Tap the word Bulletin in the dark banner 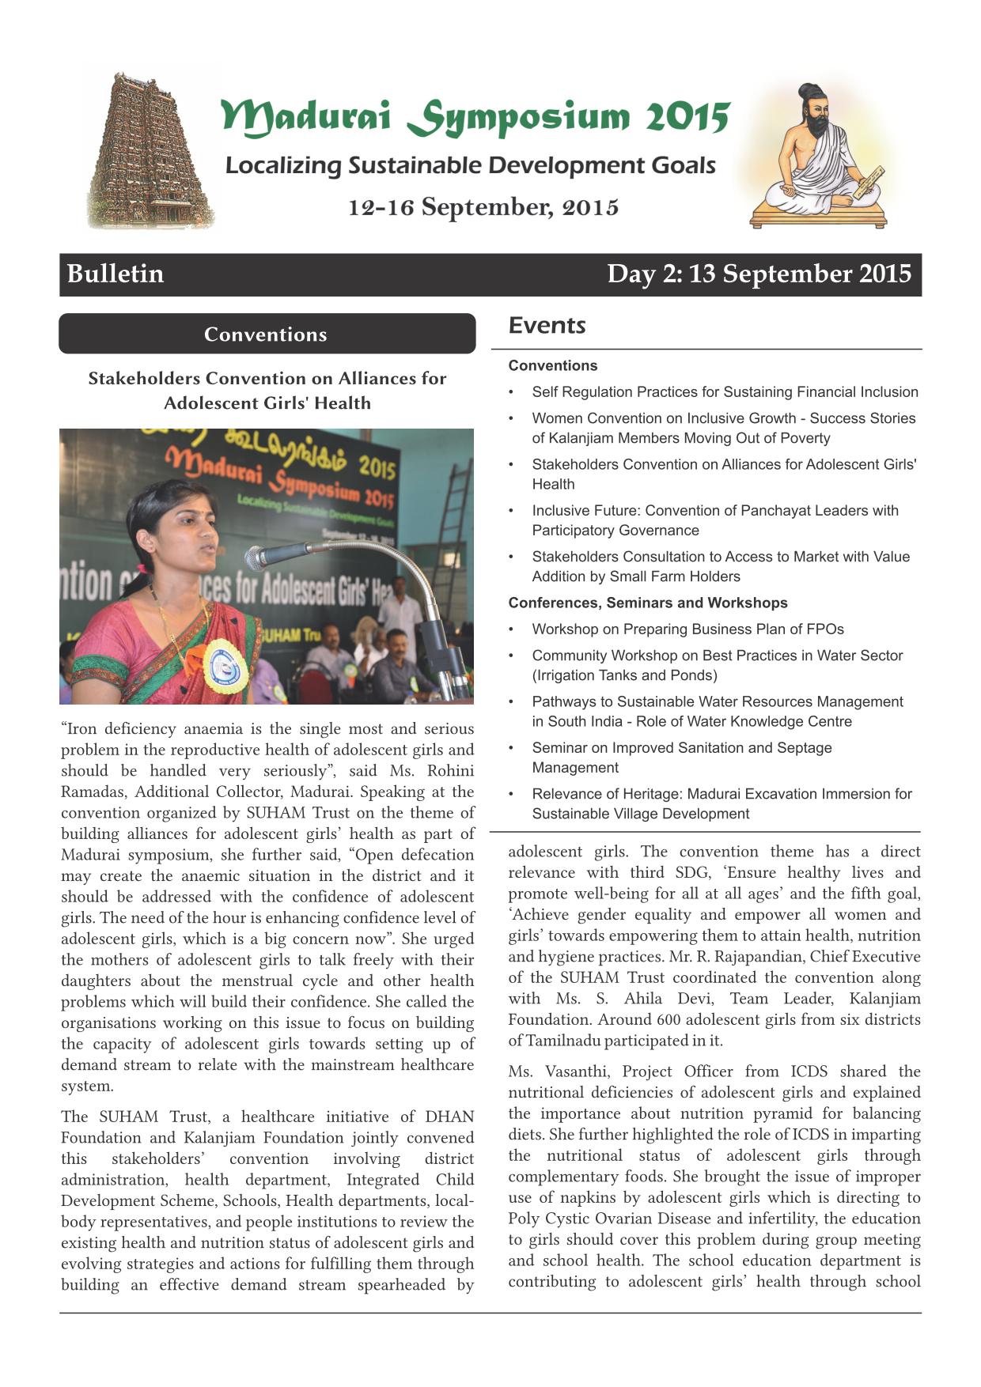point(116,274)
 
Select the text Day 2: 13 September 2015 point(759,274)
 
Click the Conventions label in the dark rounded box point(266,334)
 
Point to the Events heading point(547,325)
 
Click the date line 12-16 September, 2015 point(483,207)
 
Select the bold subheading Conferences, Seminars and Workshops point(648,603)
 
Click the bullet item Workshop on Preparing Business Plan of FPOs point(687,629)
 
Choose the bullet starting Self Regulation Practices point(725,391)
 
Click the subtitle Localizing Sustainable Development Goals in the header point(470,165)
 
